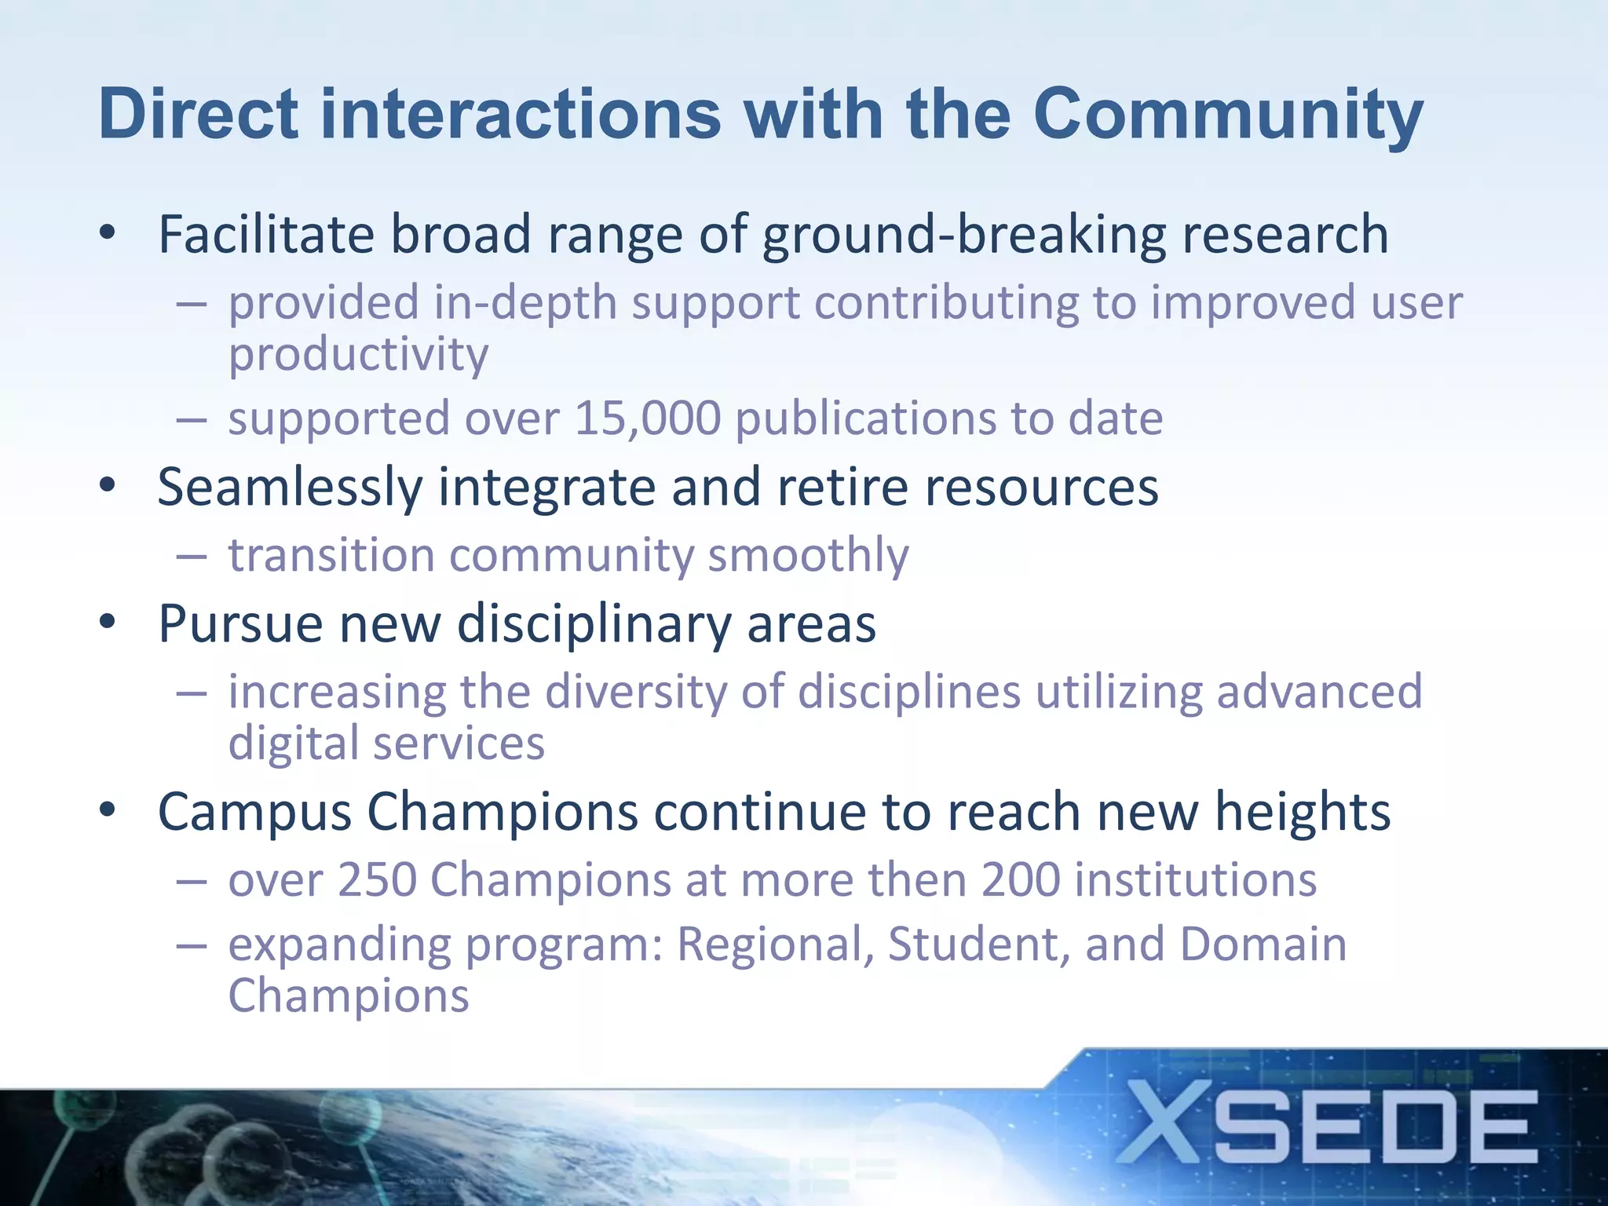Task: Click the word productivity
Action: (358, 355)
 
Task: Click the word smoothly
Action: (809, 556)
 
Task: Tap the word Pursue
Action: (241, 625)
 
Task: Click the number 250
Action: (377, 879)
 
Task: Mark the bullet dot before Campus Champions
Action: (108, 809)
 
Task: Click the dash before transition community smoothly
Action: (192, 557)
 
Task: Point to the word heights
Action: (1303, 812)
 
